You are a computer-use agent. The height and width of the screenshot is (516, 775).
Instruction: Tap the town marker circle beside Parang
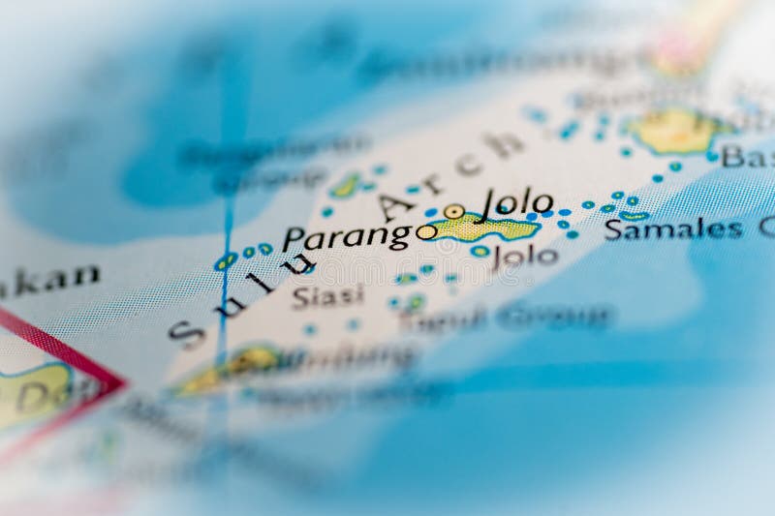click(x=426, y=231)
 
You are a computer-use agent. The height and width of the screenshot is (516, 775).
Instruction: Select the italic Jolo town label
click(x=517, y=202)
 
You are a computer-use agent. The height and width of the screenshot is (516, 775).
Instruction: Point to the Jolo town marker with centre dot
click(x=453, y=211)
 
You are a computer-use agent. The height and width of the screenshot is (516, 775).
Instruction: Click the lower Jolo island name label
click(x=525, y=256)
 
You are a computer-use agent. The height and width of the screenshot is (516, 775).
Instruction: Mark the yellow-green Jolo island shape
click(x=484, y=228)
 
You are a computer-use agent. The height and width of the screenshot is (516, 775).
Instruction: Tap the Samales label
click(x=673, y=229)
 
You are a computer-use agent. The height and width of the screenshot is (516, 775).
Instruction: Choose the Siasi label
click(x=327, y=295)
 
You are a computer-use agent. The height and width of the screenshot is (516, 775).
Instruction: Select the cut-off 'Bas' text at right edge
click(x=747, y=156)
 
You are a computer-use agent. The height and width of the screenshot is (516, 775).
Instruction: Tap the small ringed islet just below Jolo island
click(x=480, y=251)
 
